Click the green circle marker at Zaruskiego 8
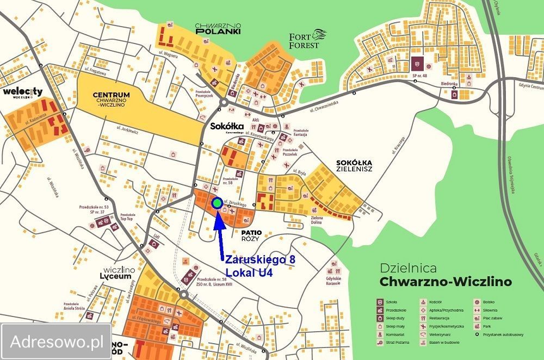pyautogui.click(x=217, y=204)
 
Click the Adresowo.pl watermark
pyautogui.click(x=57, y=342)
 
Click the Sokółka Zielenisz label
pyautogui.click(x=354, y=166)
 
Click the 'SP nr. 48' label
pyautogui.click(x=418, y=75)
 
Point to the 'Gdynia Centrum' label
pyautogui.click(x=530, y=87)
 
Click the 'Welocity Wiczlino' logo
pyautogui.click(x=23, y=93)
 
